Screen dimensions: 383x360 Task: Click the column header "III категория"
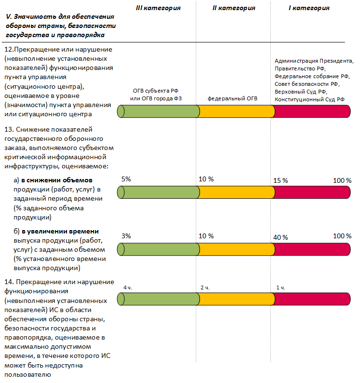pyautogui.click(x=159, y=8)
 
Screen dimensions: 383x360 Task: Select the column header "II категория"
pyautogui.click(x=234, y=8)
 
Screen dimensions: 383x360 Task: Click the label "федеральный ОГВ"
pyautogui.click(x=233, y=98)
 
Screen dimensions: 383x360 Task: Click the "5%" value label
pyautogui.click(x=126, y=179)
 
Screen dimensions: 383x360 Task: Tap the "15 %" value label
pyautogui.click(x=280, y=180)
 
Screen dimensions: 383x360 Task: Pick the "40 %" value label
pyautogui.click(x=280, y=237)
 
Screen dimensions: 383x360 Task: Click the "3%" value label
pyautogui.click(x=126, y=236)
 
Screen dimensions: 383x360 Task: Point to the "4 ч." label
pyautogui.click(x=128, y=287)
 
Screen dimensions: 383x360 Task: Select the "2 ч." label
pyautogui.click(x=205, y=287)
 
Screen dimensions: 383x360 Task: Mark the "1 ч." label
pyautogui.click(x=280, y=287)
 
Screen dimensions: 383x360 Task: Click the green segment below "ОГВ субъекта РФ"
pyautogui.click(x=159, y=111)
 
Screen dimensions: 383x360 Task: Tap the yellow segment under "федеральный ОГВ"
pyautogui.click(x=236, y=111)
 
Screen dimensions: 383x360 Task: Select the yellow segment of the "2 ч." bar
pyautogui.click(x=236, y=299)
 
